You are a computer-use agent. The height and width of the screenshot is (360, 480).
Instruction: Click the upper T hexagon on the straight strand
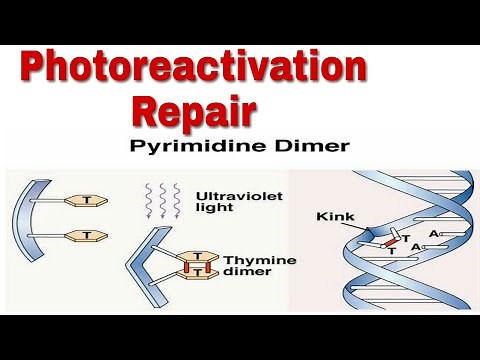click(x=87, y=200)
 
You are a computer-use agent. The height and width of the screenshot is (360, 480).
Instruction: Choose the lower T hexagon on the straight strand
click(x=87, y=235)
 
